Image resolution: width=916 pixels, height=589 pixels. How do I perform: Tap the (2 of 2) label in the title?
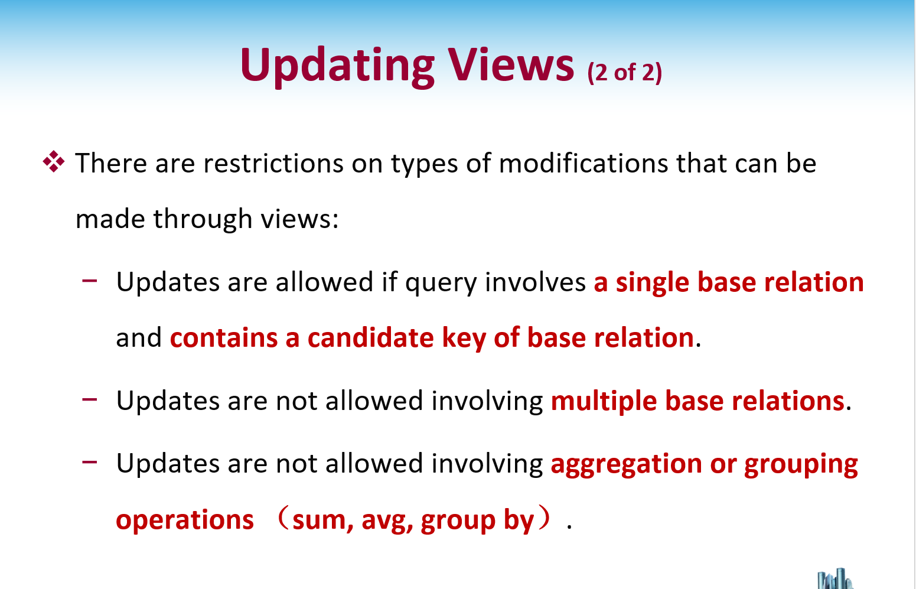(624, 73)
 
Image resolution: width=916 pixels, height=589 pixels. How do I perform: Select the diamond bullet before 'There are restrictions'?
(54, 161)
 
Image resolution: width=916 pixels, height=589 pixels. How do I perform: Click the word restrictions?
(273, 163)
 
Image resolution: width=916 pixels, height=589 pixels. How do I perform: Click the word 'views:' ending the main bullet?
(300, 219)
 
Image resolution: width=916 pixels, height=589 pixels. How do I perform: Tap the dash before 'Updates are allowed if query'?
(90, 281)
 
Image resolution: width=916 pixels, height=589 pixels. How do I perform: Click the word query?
(441, 283)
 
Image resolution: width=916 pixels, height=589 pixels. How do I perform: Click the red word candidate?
(370, 338)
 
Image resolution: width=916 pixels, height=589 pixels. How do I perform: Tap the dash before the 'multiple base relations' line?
(90, 399)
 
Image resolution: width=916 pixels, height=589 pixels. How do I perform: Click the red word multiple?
(604, 402)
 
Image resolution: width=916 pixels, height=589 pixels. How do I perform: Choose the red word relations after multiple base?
(788, 401)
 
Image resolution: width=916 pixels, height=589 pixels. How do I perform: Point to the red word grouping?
(801, 465)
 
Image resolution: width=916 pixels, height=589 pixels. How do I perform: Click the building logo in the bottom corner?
(834, 579)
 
